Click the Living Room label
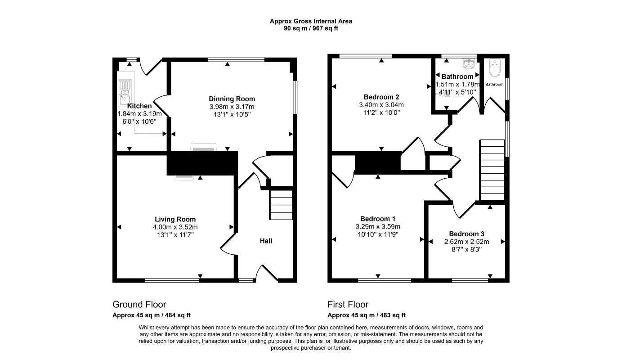pyautogui.click(x=175, y=220)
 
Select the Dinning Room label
pyautogui.click(x=232, y=99)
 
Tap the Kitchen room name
pyautogui.click(x=139, y=106)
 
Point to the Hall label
pyautogui.click(x=266, y=241)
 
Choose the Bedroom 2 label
pyautogui.click(x=381, y=97)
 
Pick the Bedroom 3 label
pyautogui.click(x=466, y=234)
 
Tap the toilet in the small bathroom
pyautogui.click(x=494, y=68)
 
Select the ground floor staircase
pyautogui.click(x=281, y=205)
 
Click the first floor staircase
pyautogui.click(x=492, y=169)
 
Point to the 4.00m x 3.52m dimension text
pyautogui.click(x=175, y=227)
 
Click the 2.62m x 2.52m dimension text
pyautogui.click(x=466, y=242)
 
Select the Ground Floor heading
pyautogui.click(x=139, y=305)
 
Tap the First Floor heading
pyautogui.click(x=348, y=305)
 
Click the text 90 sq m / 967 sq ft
pyautogui.click(x=311, y=28)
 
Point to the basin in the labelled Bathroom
pyautogui.click(x=470, y=63)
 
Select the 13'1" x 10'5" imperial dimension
pyautogui.click(x=232, y=114)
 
